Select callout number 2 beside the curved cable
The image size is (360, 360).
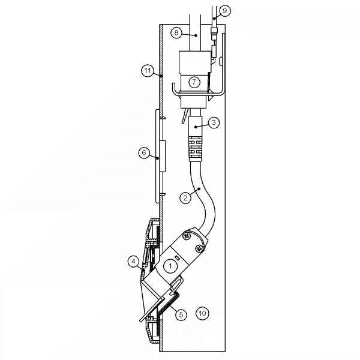186,196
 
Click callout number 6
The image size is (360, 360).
144,153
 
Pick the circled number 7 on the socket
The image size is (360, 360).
194,82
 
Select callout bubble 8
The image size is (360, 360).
176,33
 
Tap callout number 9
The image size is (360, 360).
224,10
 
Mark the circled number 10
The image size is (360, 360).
203,313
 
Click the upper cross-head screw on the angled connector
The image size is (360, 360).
187,238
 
